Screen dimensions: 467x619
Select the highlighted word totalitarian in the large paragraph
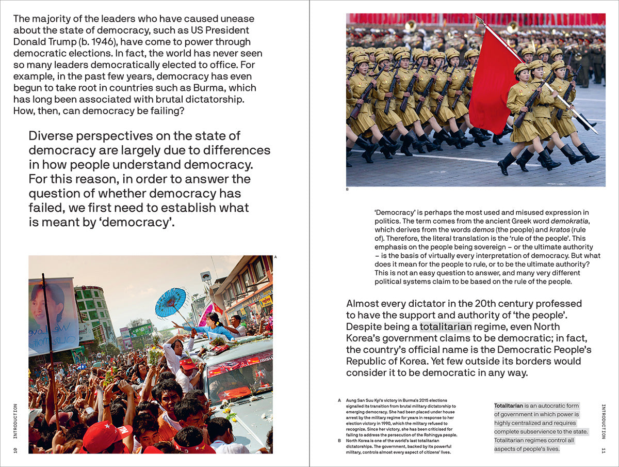pos(446,326)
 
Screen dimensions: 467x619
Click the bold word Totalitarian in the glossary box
pos(509,406)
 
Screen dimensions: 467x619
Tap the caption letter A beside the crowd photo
pos(275,257)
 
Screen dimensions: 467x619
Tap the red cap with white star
pos(106,435)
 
